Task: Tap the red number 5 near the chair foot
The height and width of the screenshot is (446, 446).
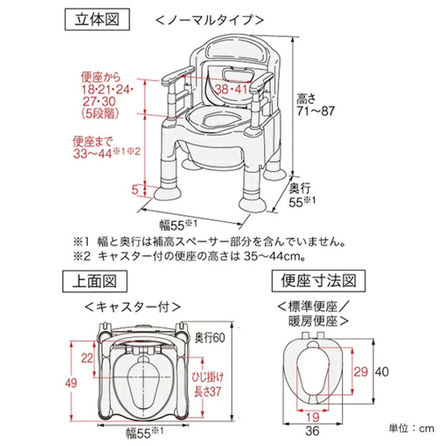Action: pos(134,189)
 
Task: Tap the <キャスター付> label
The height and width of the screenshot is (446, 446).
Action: pos(133,306)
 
